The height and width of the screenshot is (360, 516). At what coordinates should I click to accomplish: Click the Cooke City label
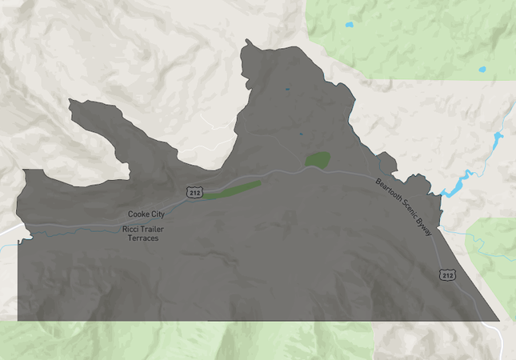pos(146,214)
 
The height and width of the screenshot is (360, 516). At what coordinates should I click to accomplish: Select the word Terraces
pos(144,238)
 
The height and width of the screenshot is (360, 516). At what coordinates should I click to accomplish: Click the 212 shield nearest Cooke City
pos(195,193)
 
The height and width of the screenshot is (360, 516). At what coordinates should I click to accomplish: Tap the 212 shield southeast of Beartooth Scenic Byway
pos(447,276)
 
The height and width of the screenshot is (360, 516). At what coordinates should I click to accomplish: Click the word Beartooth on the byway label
pos(391,194)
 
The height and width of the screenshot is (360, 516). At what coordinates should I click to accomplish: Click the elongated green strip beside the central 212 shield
pos(233,190)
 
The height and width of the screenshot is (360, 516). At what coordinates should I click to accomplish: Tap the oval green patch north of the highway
pos(318,159)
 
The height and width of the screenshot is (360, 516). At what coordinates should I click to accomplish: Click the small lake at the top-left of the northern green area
pos(349,25)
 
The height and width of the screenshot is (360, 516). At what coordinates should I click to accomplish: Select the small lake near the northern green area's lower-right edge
pos(482,70)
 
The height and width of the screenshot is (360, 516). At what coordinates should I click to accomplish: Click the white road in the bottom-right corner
pos(501,340)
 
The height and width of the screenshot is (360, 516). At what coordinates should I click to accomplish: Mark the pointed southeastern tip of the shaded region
pos(499,321)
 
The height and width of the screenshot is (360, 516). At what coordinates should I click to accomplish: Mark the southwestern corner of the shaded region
pos(18,321)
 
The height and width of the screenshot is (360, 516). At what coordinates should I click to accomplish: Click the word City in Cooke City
pos(158,214)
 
